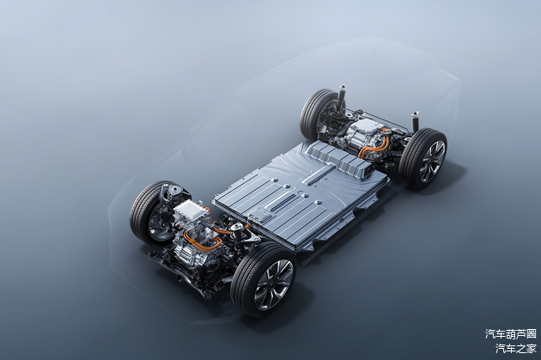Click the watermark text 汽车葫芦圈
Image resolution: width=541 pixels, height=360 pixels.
click(511, 333)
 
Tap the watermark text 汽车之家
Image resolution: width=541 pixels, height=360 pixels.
click(516, 349)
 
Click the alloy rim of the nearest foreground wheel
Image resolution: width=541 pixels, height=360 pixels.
click(273, 284)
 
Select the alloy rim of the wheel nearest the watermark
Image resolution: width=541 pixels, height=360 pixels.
click(431, 161)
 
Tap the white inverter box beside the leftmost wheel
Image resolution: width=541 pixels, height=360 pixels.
click(189, 210)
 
